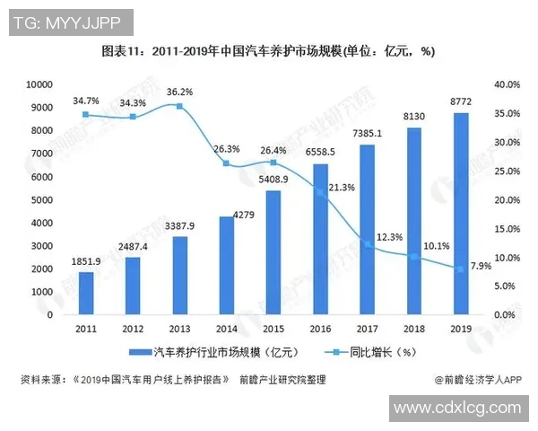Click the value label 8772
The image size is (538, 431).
461,101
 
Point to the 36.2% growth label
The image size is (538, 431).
179,92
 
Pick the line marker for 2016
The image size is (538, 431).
320,189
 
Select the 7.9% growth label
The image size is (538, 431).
481,266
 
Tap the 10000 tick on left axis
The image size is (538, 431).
40,84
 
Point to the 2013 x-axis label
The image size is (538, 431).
179,329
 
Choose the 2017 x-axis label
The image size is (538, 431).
367,329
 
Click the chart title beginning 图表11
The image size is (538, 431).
269,51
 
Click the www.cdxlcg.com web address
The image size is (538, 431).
457,409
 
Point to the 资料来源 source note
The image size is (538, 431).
170,380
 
